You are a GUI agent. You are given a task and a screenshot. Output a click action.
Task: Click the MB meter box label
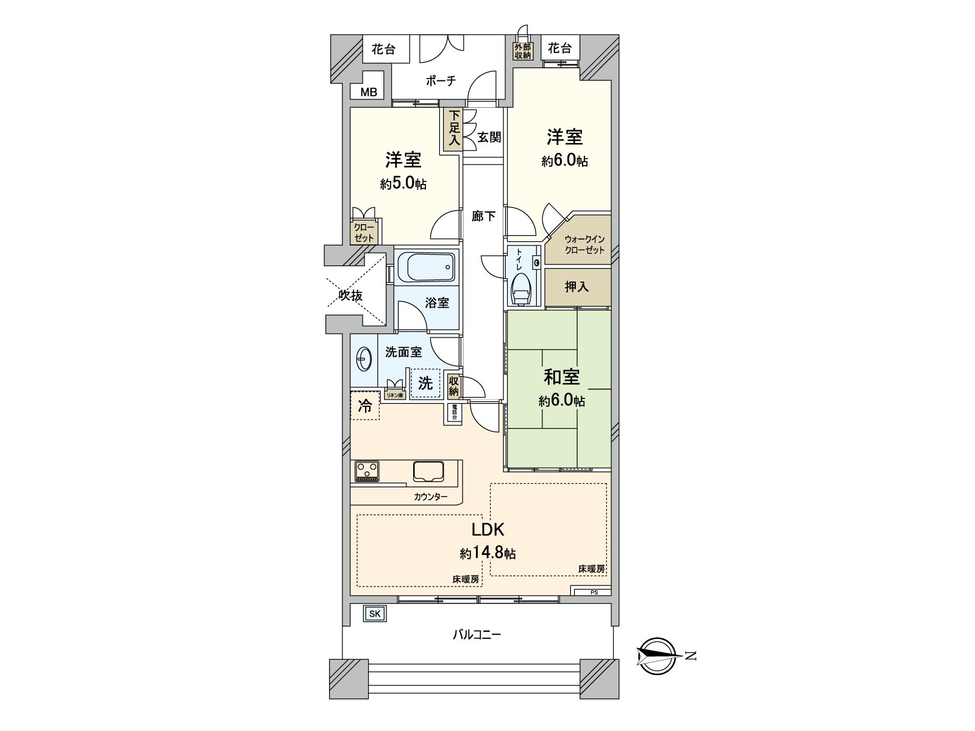pyautogui.click(x=368, y=92)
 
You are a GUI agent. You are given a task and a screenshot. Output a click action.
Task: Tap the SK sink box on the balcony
pyautogui.click(x=374, y=614)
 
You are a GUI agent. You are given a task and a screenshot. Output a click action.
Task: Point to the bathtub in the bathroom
pyautogui.click(x=426, y=266)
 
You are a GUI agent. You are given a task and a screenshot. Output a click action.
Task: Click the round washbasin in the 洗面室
pyautogui.click(x=363, y=360)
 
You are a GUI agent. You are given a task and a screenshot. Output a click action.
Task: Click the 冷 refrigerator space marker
pyautogui.click(x=364, y=406)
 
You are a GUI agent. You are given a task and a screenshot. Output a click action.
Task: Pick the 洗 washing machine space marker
pyautogui.click(x=425, y=383)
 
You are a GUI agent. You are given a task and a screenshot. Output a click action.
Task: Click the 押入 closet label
pyautogui.click(x=576, y=287)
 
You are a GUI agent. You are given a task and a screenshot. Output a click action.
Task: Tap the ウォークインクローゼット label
pyautogui.click(x=584, y=245)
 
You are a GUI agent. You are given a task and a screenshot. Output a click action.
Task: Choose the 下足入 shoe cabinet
pyautogui.click(x=453, y=130)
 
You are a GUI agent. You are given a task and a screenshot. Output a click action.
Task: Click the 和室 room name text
pyautogui.click(x=561, y=378)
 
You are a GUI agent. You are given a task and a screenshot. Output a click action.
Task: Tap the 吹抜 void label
pyautogui.click(x=351, y=296)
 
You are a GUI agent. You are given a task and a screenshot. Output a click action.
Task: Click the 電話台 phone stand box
pyautogui.click(x=455, y=412)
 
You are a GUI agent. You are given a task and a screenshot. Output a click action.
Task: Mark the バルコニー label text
pyautogui.click(x=477, y=635)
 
